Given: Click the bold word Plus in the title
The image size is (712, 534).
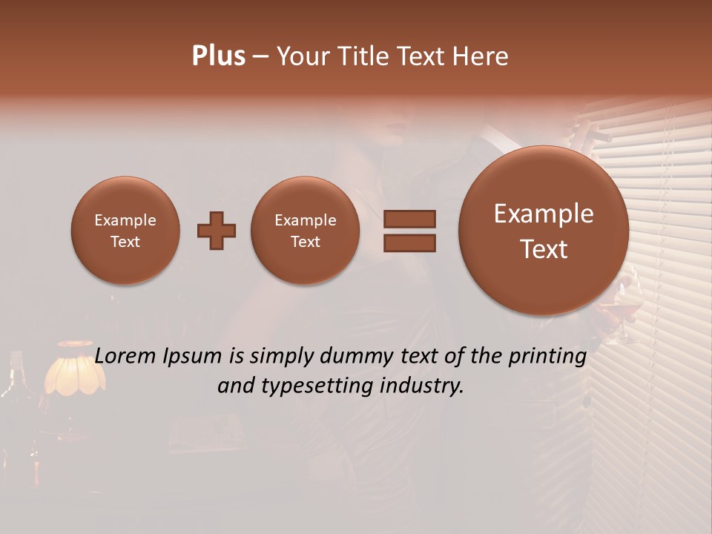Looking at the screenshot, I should pyautogui.click(x=218, y=56).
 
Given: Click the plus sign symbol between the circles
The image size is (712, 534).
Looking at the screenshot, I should pyautogui.click(x=217, y=231).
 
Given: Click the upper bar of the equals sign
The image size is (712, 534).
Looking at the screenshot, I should pyautogui.click(x=409, y=219).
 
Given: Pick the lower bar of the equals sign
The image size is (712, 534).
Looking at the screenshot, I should pyautogui.click(x=409, y=243).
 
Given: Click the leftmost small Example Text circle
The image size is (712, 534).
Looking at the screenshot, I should pyautogui.click(x=125, y=231).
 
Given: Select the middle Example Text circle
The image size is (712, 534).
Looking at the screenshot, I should pyautogui.click(x=306, y=231).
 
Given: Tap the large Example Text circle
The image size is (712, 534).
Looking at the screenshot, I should pyautogui.click(x=544, y=231).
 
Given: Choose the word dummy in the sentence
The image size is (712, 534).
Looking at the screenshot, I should pyautogui.click(x=358, y=356).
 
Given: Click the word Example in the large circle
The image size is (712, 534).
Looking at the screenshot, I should pyautogui.click(x=544, y=214).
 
